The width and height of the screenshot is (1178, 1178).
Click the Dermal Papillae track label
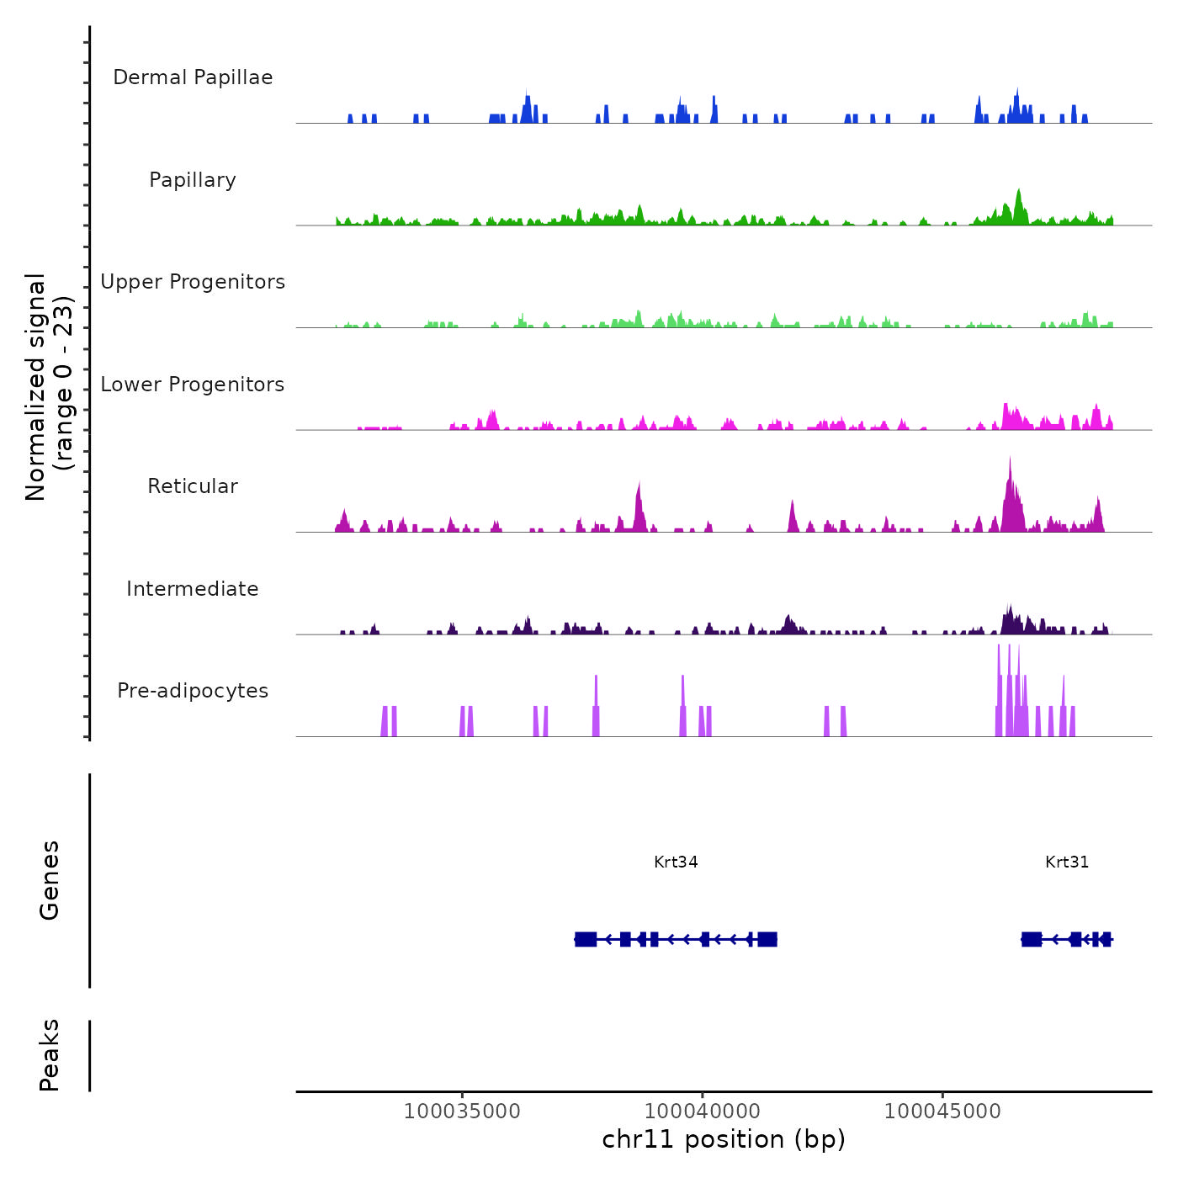point(193,77)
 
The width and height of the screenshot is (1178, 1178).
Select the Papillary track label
point(193,180)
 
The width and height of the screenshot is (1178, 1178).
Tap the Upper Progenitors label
point(193,282)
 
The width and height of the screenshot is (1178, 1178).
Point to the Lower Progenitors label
point(193,385)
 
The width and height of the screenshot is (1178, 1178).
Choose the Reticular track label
point(193,486)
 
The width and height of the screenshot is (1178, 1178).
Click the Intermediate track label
point(193,589)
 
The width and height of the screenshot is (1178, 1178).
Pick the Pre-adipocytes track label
point(193,691)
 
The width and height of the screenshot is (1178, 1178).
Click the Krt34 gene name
point(676,862)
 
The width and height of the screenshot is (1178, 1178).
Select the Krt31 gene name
point(1067,862)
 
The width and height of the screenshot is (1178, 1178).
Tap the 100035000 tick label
point(462,1111)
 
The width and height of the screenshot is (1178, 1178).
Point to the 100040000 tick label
point(702,1111)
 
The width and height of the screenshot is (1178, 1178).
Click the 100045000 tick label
point(942,1111)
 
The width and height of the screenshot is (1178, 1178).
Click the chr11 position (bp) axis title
point(724,1139)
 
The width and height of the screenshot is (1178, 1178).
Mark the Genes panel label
point(50,880)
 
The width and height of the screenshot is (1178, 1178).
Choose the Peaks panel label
point(50,1055)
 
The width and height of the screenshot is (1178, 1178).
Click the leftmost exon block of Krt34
point(586,939)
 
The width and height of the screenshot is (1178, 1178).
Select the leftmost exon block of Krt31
point(1032,939)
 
